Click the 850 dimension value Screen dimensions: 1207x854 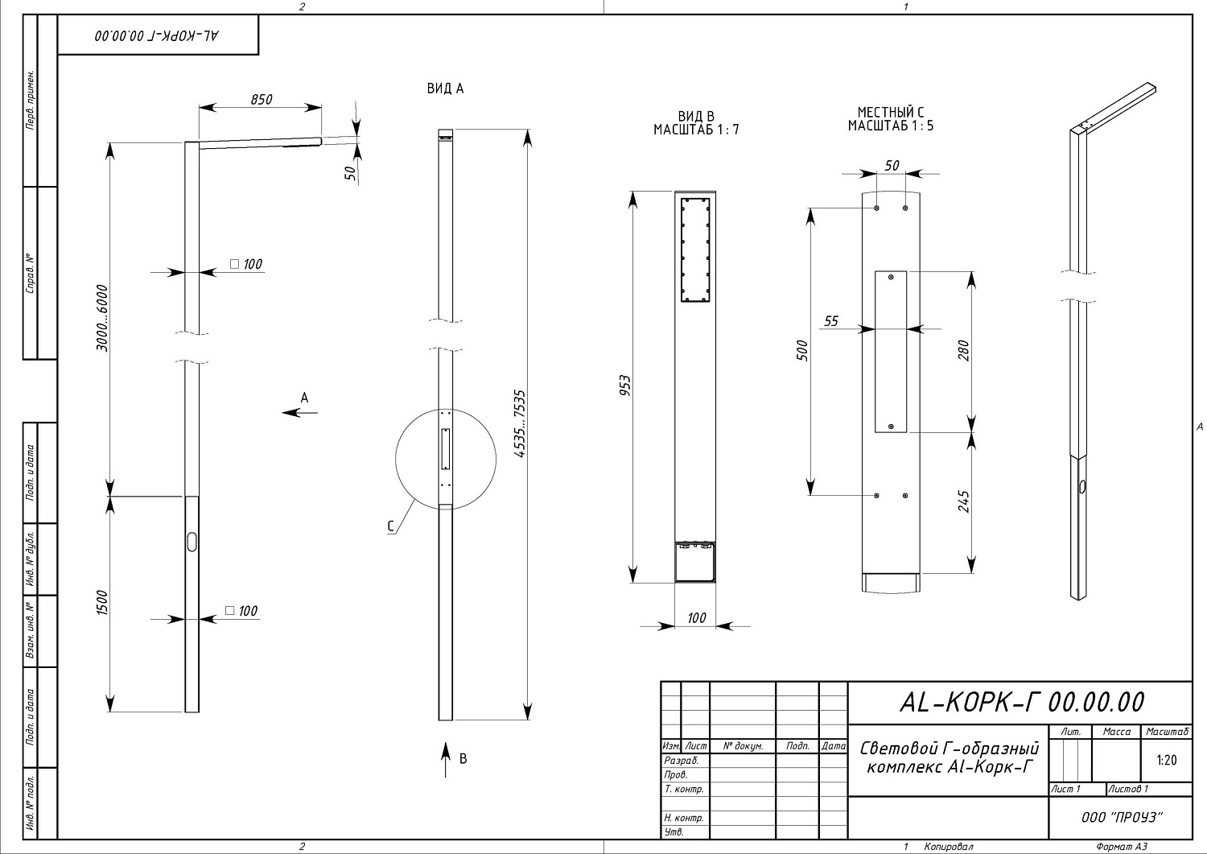(x=262, y=99)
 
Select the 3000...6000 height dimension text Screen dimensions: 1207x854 (x=102, y=318)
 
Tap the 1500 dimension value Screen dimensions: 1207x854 (x=102, y=603)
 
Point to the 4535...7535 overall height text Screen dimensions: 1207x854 (x=520, y=423)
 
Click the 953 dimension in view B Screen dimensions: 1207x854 (x=625, y=386)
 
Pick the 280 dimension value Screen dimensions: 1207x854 (x=964, y=350)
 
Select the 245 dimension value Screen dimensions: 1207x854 (x=964, y=501)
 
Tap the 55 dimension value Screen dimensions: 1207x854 (x=831, y=321)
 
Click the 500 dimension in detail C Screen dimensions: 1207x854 (x=802, y=350)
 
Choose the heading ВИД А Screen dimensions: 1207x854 (x=445, y=89)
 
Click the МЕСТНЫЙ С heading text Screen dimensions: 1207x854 (x=891, y=112)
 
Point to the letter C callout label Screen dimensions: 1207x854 (x=390, y=526)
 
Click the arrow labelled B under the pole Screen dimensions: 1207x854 (x=445, y=760)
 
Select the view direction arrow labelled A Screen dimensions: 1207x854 (x=299, y=413)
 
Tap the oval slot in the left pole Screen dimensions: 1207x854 (x=192, y=542)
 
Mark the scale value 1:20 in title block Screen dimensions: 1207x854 (x=1166, y=760)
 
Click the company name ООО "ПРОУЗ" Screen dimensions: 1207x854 (x=1122, y=817)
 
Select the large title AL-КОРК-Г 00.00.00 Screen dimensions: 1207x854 (x=1022, y=702)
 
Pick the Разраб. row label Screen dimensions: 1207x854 (x=681, y=761)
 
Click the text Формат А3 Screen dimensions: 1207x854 (x=1122, y=847)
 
